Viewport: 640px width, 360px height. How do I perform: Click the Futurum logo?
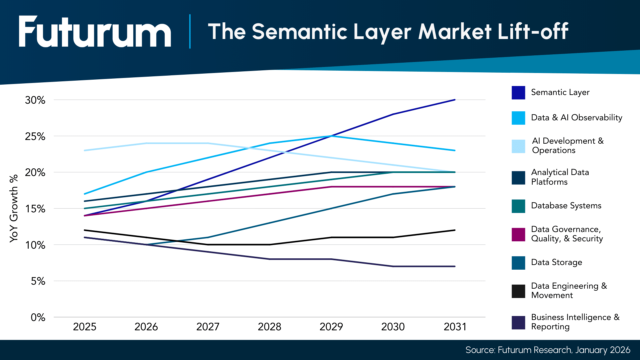[95, 32]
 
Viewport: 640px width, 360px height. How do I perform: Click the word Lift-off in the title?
[533, 32]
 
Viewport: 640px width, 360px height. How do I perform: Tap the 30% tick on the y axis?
[35, 100]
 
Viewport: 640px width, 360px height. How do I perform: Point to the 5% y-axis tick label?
[38, 281]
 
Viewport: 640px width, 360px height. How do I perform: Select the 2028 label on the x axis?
[269, 327]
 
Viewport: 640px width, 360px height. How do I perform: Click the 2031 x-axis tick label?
[455, 327]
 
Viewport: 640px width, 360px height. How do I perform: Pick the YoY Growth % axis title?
[14, 208]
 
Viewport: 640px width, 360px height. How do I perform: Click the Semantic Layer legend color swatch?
[518, 93]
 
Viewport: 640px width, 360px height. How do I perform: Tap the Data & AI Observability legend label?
[576, 118]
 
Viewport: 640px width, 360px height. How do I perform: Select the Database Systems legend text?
[566, 206]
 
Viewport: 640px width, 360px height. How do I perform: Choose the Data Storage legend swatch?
[518, 263]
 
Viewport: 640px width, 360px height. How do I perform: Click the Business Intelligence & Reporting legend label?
[575, 322]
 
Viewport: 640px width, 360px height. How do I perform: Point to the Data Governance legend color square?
[518, 234]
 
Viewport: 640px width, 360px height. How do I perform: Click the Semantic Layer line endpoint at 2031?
[455, 100]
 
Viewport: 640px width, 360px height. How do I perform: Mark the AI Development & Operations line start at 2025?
[85, 150]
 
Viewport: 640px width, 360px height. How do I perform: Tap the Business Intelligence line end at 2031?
[455, 266]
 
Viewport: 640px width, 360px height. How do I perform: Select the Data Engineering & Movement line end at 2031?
[455, 230]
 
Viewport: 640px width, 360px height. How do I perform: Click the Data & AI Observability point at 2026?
[146, 172]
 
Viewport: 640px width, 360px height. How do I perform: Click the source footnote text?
[548, 350]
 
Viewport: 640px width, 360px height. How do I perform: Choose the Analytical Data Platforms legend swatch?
[518, 178]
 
